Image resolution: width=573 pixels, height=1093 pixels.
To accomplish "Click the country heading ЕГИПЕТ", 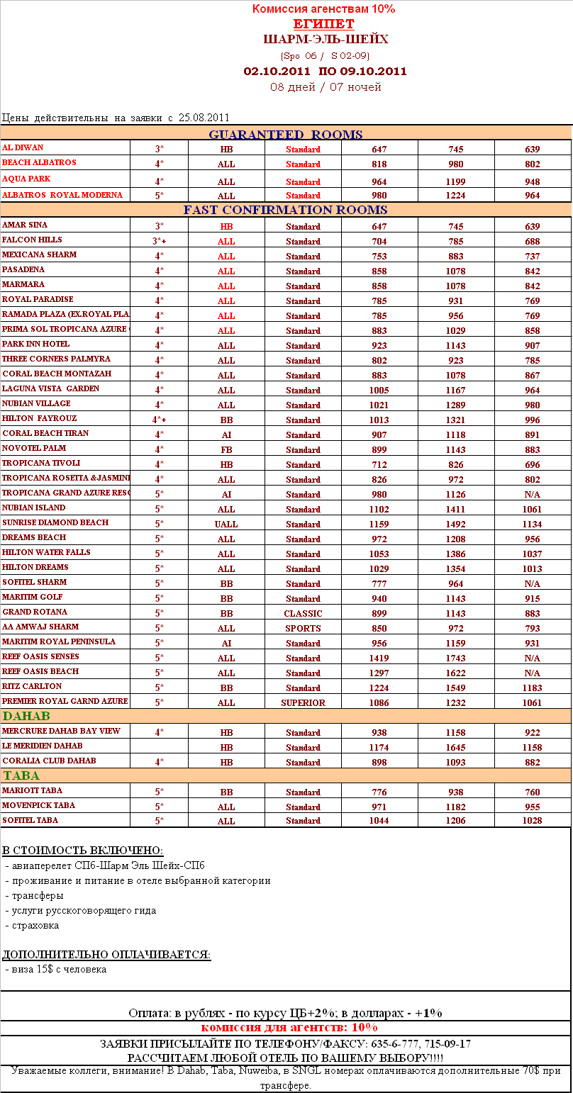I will (323, 24).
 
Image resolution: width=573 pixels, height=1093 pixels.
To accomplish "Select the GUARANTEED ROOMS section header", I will (285, 135).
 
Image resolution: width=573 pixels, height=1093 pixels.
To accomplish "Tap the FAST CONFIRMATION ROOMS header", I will (285, 210).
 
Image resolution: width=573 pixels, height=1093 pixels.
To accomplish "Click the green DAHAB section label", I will (26, 716).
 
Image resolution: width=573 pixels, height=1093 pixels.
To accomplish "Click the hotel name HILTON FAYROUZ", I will (40, 418).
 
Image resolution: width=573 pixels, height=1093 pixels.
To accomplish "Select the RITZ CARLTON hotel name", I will (32, 686).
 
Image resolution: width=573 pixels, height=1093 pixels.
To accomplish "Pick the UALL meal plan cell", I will (226, 525).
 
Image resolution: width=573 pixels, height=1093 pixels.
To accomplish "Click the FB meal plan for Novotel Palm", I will (226, 450).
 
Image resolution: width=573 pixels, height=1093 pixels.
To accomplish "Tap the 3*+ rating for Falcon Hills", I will (160, 242).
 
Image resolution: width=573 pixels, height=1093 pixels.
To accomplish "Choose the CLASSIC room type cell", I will (303, 614).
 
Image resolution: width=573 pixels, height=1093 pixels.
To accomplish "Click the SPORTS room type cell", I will (303, 629).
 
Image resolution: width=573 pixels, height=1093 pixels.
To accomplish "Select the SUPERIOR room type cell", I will (303, 703).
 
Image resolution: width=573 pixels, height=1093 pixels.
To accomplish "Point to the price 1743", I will (456, 658).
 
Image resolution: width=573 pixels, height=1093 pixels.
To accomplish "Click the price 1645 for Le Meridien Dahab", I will (456, 748).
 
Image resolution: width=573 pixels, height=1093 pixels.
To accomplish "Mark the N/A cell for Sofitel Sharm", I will (533, 584).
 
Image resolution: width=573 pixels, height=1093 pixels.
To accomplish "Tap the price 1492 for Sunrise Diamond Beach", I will (456, 525).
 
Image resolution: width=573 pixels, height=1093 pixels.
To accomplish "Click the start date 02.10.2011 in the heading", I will (277, 71).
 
